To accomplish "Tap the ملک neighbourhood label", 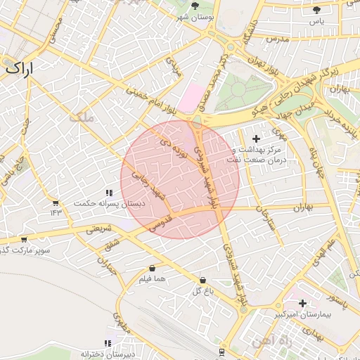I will (82, 117).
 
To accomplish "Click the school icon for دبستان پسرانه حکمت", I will (109, 193).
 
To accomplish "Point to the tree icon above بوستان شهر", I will (195, 6).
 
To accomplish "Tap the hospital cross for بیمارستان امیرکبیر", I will (302, 303).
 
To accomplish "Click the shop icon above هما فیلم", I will (153, 268).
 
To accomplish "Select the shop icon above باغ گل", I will (202, 279).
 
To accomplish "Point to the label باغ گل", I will (202, 290).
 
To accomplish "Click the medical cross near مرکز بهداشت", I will (255, 139).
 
